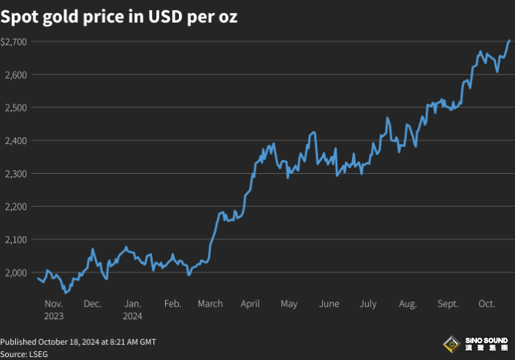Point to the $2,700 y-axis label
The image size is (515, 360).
coord(14,42)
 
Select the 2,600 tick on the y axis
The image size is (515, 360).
coord(15,75)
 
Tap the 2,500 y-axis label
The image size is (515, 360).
coord(15,108)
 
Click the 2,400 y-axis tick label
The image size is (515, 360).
coord(15,141)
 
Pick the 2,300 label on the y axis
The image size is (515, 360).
coord(15,174)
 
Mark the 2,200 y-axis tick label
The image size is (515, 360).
coord(15,207)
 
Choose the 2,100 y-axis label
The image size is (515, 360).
coord(15,240)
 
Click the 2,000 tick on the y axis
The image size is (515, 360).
coord(15,272)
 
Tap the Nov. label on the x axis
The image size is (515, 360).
coord(53,304)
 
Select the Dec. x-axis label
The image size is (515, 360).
coord(93,304)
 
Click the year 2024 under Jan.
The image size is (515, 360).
coord(132,316)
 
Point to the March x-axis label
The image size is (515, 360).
coord(210,304)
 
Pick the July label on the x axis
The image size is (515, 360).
coord(369,304)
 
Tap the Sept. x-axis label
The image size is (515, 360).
coord(448,304)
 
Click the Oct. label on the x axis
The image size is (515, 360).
coord(487,304)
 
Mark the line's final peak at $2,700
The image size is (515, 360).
coord(509,41)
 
